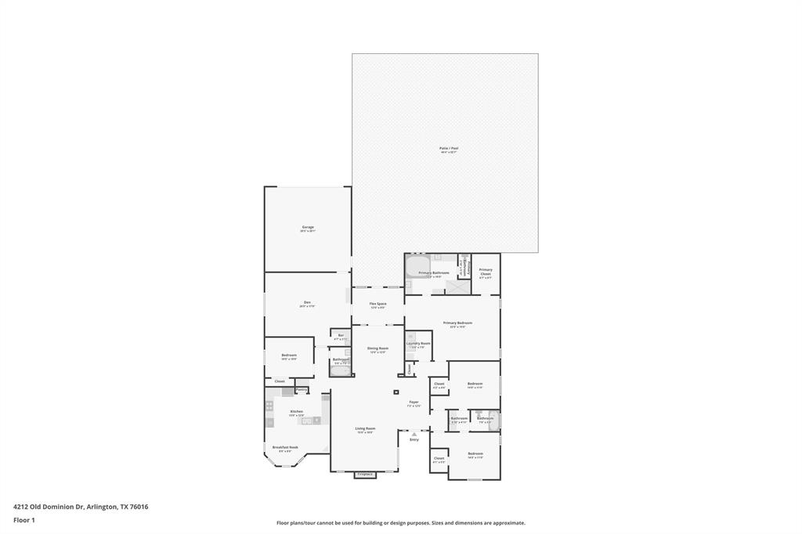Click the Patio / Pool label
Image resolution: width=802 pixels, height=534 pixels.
449,148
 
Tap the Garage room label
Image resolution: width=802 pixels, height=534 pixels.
307,227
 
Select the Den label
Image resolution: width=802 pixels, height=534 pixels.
307,302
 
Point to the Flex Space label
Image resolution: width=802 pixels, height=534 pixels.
378,303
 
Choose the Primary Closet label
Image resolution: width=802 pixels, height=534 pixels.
486,271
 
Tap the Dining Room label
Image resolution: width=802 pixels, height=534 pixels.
378,348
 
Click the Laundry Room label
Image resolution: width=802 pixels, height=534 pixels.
418,344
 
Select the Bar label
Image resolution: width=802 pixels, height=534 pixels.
341,335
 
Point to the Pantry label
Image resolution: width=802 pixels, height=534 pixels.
302,389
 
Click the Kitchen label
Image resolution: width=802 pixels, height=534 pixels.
296,411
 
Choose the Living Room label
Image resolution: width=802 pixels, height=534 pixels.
365,428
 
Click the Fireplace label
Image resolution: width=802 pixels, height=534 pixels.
365,474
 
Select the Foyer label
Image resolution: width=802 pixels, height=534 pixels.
414,402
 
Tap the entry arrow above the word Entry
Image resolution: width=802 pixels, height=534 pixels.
414,433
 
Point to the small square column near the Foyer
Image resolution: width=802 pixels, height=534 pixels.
396,392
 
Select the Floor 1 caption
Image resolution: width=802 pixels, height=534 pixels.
24,520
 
